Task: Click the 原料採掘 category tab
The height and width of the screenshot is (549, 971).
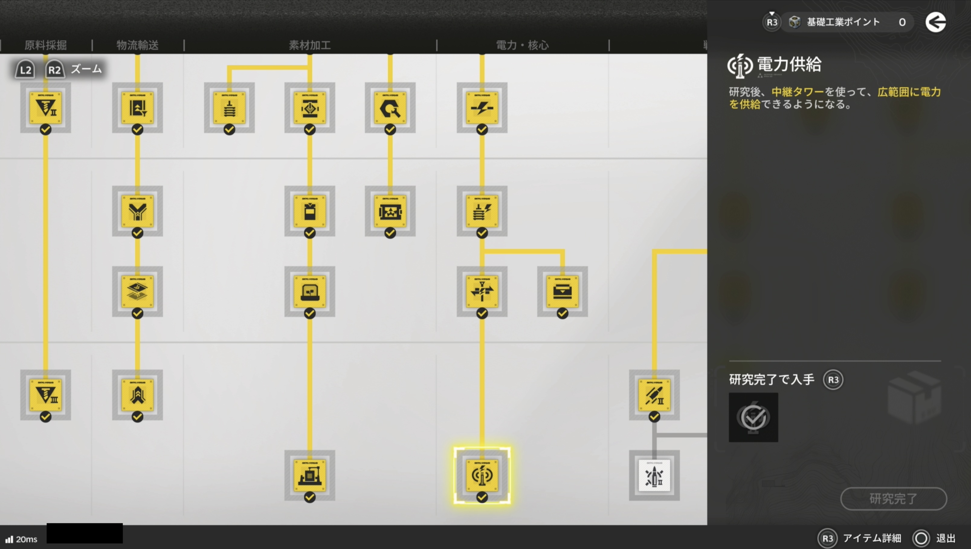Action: [46, 45]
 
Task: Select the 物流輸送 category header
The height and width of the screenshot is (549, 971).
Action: [137, 45]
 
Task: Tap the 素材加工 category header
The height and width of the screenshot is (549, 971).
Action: [309, 45]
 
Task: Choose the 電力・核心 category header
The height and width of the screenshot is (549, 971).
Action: [522, 45]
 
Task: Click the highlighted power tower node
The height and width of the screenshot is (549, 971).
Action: [482, 475]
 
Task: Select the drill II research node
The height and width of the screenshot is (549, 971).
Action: [46, 107]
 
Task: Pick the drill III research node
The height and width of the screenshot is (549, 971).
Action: [46, 395]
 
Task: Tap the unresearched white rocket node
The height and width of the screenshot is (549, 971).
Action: [654, 475]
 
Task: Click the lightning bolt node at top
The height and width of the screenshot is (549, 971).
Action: [482, 107]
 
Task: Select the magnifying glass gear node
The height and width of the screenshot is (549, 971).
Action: [390, 107]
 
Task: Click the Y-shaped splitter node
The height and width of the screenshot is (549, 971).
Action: [137, 211]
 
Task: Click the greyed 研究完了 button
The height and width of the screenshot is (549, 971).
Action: [893, 499]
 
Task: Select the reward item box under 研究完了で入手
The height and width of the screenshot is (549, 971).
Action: [753, 417]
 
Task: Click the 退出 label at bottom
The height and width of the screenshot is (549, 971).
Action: [945, 538]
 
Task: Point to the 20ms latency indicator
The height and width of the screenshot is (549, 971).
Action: [22, 539]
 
